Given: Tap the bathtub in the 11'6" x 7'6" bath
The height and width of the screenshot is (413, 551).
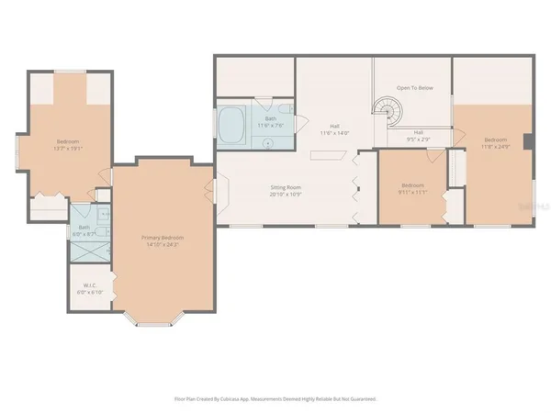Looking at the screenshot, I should click(231, 127).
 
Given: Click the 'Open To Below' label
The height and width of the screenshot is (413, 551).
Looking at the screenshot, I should click(414, 88).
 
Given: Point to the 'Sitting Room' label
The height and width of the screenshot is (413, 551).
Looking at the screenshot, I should click(286, 187).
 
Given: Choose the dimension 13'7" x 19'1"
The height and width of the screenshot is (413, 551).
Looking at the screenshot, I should click(67, 147).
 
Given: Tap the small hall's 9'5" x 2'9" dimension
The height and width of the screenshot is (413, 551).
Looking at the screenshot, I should click(418, 140).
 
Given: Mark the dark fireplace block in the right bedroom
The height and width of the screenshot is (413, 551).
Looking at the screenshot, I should click(528, 141).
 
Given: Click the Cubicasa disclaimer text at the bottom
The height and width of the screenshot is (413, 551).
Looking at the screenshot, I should click(275, 399).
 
